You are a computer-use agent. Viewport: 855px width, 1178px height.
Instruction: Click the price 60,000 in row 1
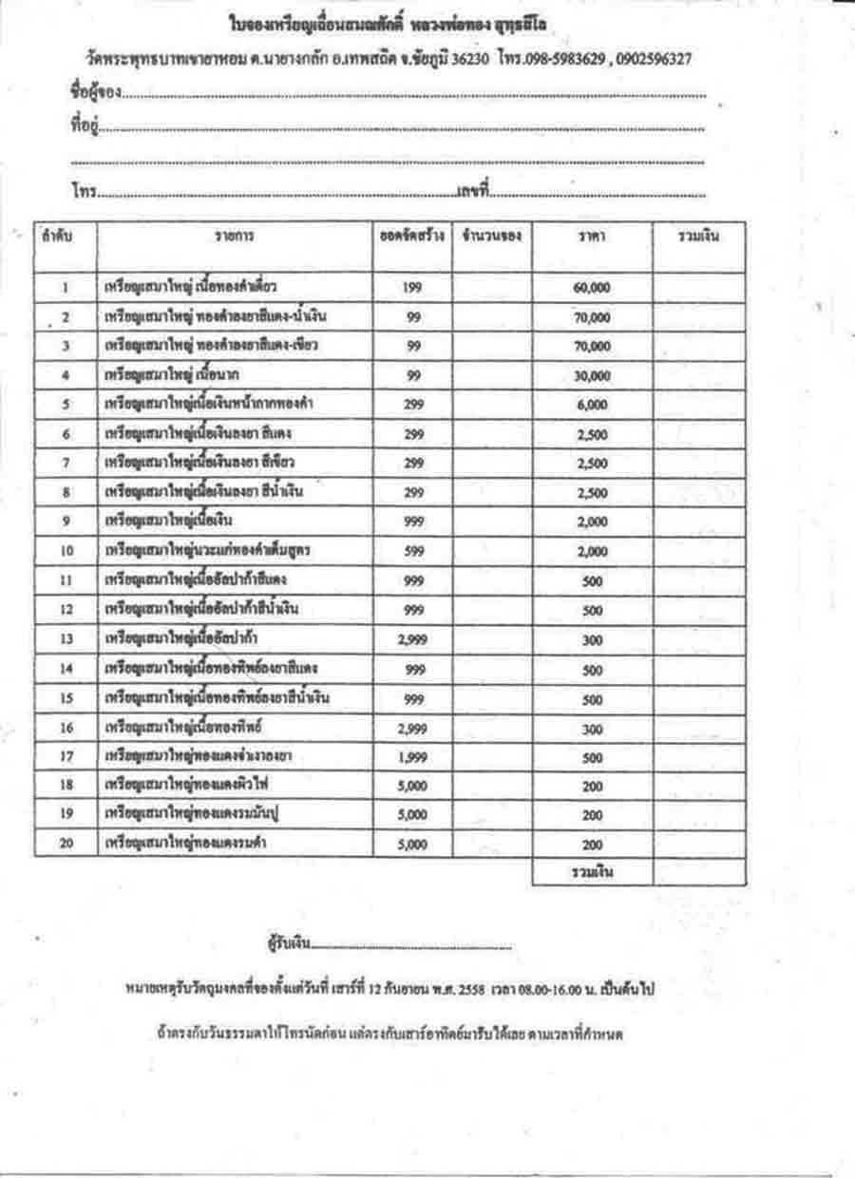tap(592, 288)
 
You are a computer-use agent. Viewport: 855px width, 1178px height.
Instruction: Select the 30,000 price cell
tap(592, 375)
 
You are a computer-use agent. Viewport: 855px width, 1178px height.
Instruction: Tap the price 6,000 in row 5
tap(592, 405)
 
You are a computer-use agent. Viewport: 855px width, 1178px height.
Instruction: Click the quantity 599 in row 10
tap(412, 552)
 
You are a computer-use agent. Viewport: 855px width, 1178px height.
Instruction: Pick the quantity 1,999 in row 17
tap(412, 757)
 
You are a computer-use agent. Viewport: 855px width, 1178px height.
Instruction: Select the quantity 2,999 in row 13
tap(412, 639)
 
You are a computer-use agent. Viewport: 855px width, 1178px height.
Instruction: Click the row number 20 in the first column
tap(66, 843)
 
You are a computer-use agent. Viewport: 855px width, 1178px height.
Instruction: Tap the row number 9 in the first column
tap(66, 521)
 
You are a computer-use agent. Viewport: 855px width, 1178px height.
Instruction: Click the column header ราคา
tap(592, 236)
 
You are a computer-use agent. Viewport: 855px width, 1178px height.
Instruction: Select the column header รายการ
tap(234, 236)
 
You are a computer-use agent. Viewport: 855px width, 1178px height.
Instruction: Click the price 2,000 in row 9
tap(592, 522)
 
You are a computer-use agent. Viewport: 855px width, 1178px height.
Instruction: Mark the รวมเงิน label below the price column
tap(592, 872)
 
